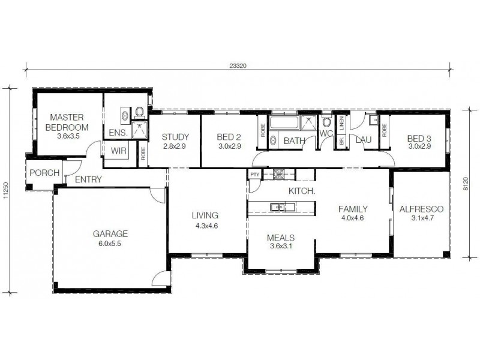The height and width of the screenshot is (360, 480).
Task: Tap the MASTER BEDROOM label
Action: (66, 122)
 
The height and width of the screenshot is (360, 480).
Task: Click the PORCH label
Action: (44, 173)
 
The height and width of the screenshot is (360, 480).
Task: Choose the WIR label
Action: (118, 151)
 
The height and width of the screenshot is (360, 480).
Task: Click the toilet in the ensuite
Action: (139, 112)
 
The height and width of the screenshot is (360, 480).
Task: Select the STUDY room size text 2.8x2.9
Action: (175, 146)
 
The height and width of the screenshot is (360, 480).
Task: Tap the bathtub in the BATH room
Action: (284, 123)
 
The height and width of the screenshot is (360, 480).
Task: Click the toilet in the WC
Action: (326, 122)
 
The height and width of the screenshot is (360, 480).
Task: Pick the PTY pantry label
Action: (254, 175)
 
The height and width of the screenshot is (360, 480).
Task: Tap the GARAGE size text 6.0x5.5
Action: (110, 244)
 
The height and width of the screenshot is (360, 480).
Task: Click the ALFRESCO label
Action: (421, 209)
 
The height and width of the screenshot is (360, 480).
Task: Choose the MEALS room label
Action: (280, 237)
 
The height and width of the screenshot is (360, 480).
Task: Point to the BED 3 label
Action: (419, 137)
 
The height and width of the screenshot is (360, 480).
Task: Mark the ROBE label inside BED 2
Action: (263, 130)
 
